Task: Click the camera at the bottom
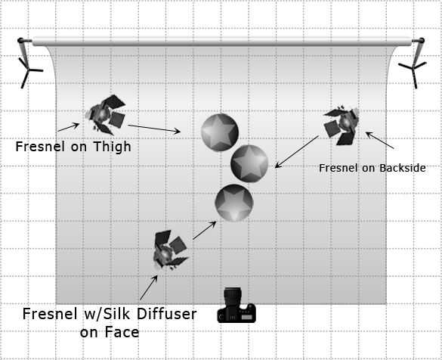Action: click(236, 306)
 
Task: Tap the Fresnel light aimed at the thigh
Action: click(106, 115)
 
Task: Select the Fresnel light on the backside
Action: click(342, 126)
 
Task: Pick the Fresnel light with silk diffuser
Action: click(170, 250)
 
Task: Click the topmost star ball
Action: click(220, 132)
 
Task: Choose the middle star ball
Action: click(249, 163)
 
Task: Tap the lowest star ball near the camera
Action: click(234, 203)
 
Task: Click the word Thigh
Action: click(112, 147)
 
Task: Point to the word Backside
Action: click(403, 168)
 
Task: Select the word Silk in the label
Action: click(122, 314)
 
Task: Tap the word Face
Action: click(122, 332)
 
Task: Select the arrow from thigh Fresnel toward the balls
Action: click(154, 129)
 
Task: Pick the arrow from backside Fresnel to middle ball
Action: click(296, 152)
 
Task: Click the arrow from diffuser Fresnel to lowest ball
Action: click(205, 231)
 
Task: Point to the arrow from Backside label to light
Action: click(380, 140)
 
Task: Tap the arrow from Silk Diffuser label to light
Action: click(149, 287)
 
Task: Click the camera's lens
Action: click(233, 296)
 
